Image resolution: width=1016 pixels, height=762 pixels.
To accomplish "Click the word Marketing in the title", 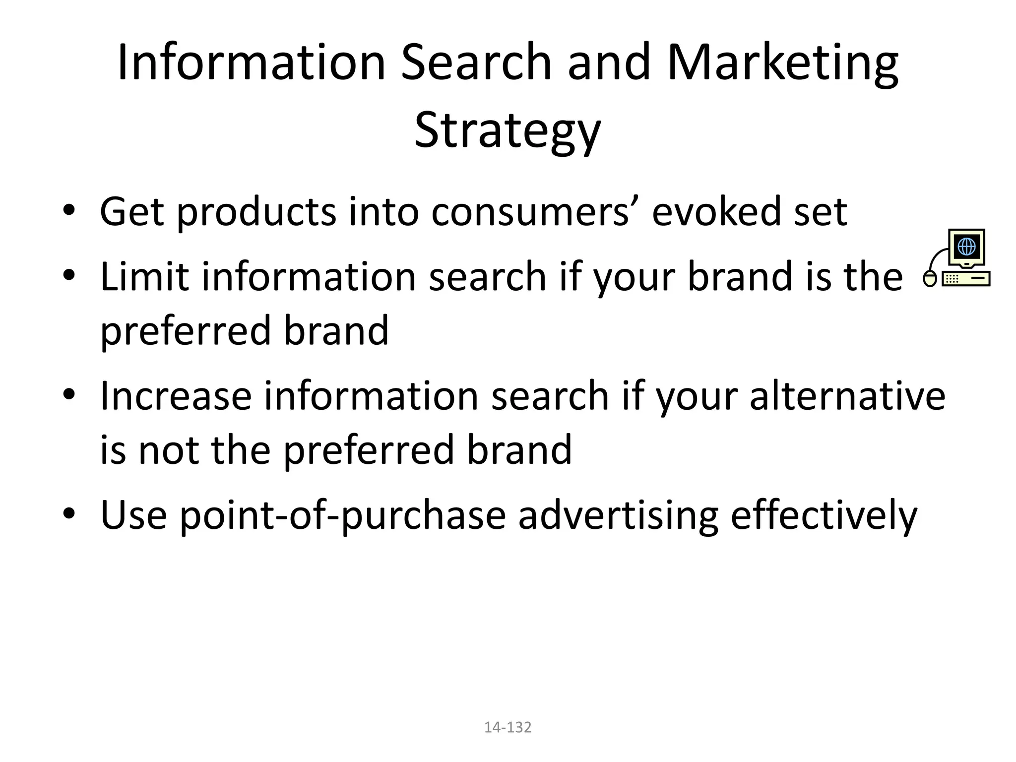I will click(x=782, y=63).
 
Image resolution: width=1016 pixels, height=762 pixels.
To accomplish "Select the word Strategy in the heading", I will click(x=508, y=130).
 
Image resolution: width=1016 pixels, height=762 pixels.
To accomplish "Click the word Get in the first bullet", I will click(x=131, y=212).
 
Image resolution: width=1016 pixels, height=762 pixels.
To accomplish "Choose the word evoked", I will click(x=715, y=212).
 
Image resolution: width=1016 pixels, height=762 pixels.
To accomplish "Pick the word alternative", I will click(x=847, y=396).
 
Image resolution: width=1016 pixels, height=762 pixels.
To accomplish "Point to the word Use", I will click(x=133, y=516).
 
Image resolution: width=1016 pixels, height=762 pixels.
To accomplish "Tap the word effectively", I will click(x=824, y=516).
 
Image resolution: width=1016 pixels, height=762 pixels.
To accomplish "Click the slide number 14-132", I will click(x=508, y=727).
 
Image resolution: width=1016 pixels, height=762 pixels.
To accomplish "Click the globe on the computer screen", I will click(x=966, y=246).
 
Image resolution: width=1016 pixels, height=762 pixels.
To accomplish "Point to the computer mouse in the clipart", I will click(x=930, y=279).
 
